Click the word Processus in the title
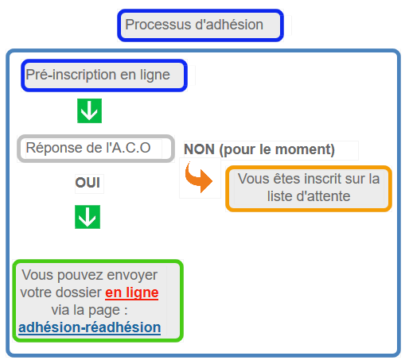(158, 25)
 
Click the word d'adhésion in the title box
(229, 25)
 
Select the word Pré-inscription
(71, 75)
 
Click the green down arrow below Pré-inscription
(89, 110)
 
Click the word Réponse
(54, 148)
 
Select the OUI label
(88, 183)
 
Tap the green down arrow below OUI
(88, 217)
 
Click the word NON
(200, 149)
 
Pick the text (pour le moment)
(277, 150)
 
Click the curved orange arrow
(198, 176)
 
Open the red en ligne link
(132, 293)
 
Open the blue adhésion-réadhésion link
(90, 327)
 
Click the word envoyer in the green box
(132, 276)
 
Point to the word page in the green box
(104, 311)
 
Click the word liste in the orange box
(280, 196)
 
